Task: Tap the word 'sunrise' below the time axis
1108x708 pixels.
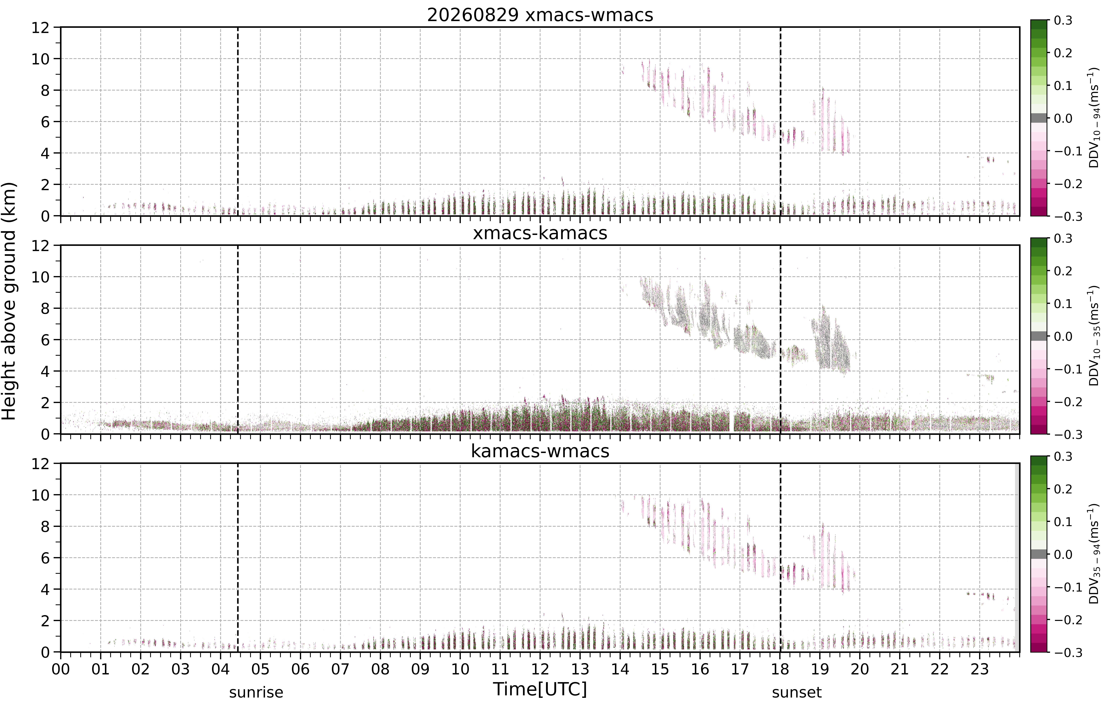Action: click(x=256, y=692)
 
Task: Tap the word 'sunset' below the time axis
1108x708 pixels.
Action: click(x=797, y=692)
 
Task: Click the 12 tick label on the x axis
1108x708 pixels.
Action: click(x=540, y=669)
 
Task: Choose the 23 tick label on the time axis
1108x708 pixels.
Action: click(x=980, y=669)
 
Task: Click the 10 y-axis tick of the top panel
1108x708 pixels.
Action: click(x=40, y=59)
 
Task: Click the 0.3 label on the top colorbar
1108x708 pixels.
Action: click(x=1063, y=21)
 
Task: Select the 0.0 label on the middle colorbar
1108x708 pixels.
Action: click(x=1063, y=337)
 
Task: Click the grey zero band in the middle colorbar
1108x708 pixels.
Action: click(x=1039, y=336)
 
